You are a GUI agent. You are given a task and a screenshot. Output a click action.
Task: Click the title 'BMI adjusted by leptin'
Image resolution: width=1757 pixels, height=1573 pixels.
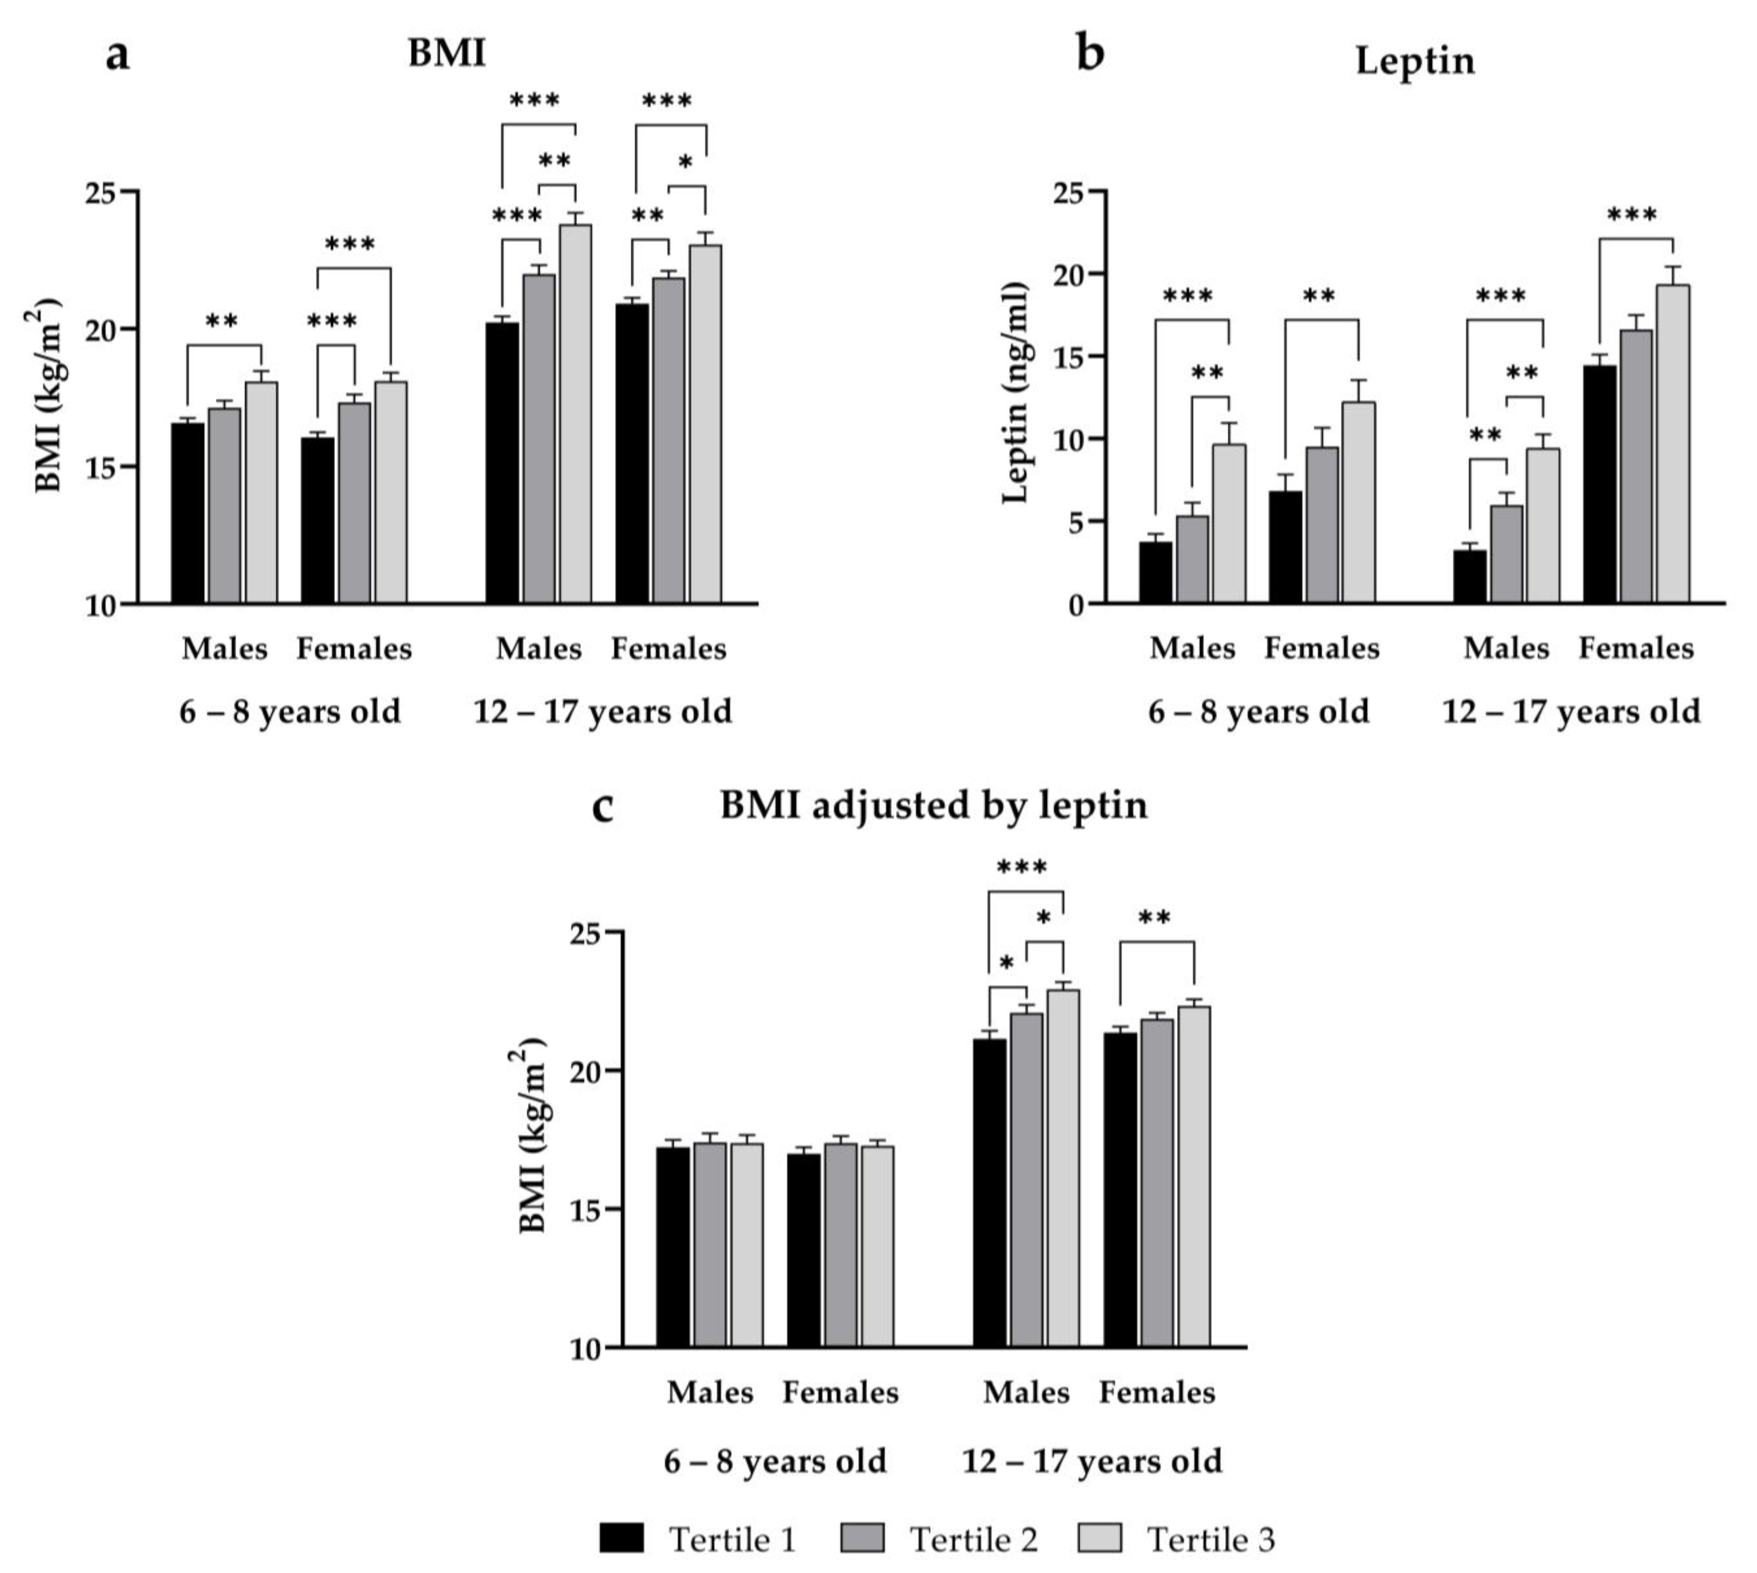pos(934,805)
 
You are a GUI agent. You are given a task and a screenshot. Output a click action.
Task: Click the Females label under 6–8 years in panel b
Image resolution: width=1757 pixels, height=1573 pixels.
pos(1321,648)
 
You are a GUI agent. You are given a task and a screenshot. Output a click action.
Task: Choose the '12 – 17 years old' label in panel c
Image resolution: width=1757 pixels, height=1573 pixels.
pos(1092,1462)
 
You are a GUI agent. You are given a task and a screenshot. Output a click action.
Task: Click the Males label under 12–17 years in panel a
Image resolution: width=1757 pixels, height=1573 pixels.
pos(538,648)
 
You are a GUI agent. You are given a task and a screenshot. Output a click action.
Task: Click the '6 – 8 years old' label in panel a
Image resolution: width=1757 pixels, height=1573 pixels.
pos(290,712)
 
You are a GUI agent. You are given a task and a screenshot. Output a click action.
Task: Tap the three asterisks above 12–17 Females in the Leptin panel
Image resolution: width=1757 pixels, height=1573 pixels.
pos(1632,214)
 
